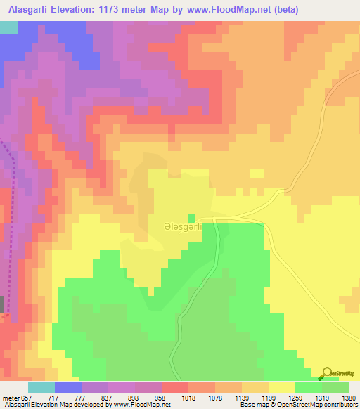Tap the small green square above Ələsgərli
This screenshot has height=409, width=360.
(x=191, y=219)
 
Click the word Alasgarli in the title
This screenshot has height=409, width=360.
(x=29, y=10)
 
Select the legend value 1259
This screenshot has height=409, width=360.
(x=309, y=397)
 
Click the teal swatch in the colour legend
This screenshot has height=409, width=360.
(x=41, y=387)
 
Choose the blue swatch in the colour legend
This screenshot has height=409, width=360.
(x=67, y=387)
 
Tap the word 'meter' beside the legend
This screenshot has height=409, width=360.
(x=11, y=397)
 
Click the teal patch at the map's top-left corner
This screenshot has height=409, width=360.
(x=8, y=27)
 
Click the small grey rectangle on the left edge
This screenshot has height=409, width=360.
(x=2, y=304)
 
